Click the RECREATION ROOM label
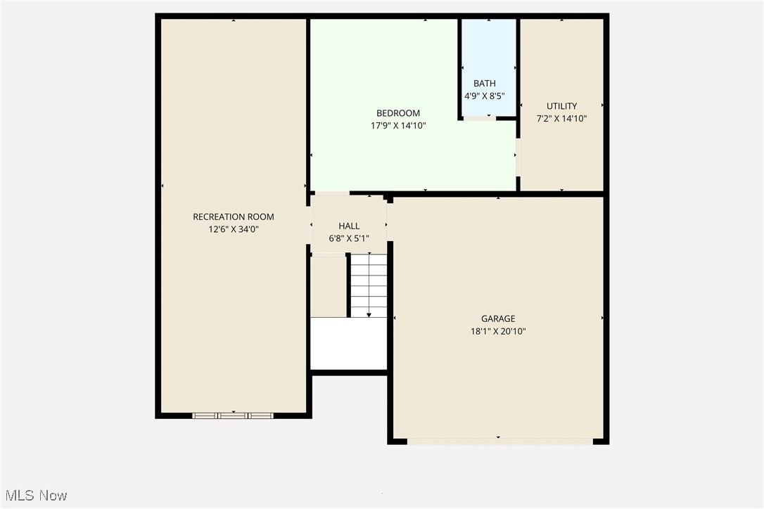tap(234, 217)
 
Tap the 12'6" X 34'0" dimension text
tap(234, 228)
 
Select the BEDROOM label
tap(398, 113)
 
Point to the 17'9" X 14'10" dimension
tap(398, 125)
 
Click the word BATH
tap(484, 84)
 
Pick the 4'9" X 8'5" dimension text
tap(484, 96)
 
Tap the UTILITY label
tap(561, 106)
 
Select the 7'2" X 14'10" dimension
tap(561, 118)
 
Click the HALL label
tap(349, 226)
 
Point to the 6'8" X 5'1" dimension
tap(349, 238)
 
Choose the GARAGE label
tap(498, 318)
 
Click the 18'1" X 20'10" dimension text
tap(498, 330)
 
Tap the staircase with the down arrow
tap(369, 285)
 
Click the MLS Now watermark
tap(34, 496)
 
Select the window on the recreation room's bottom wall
tap(233, 415)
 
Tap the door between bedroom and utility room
tap(518, 157)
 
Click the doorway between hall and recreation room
tap(308, 225)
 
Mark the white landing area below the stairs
tap(349, 343)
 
